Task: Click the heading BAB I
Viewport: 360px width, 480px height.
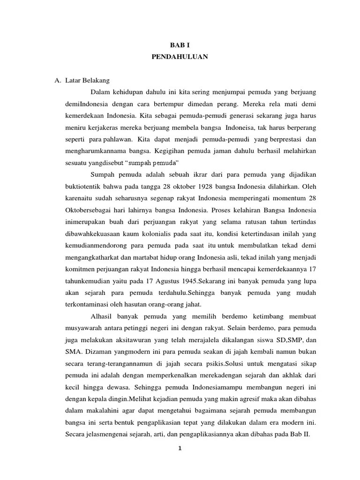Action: pyautogui.click(x=180, y=45)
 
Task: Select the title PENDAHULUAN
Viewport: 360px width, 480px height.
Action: pyautogui.click(x=180, y=57)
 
